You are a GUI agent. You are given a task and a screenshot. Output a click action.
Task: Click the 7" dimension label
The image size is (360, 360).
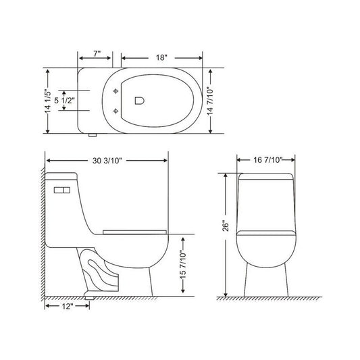pyautogui.click(x=97, y=54)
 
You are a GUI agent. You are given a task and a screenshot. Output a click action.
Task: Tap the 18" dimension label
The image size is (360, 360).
pyautogui.click(x=161, y=57)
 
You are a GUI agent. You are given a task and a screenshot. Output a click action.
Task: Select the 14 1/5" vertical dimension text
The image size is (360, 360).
pyautogui.click(x=47, y=101)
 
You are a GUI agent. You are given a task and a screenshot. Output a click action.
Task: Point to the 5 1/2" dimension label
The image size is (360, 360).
pyautogui.click(x=65, y=101)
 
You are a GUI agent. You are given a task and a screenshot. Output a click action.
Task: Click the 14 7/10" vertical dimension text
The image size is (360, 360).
pyautogui.click(x=210, y=101)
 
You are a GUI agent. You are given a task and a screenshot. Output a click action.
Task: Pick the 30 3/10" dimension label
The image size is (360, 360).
pyautogui.click(x=107, y=161)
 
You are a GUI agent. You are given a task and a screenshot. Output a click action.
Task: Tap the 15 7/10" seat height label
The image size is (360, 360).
pyautogui.click(x=183, y=265)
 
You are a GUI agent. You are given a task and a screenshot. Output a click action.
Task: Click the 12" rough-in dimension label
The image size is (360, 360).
pyautogui.click(x=68, y=306)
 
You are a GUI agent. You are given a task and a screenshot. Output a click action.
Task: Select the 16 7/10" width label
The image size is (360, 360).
pyautogui.click(x=267, y=160)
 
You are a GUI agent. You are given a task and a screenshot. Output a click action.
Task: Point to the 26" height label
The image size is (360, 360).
pyautogui.click(x=226, y=226)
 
